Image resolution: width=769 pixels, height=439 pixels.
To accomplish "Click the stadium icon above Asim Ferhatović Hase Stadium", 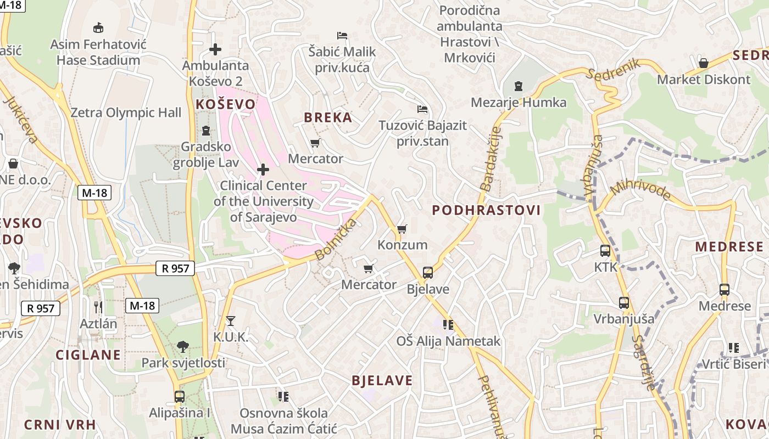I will tap(98, 27).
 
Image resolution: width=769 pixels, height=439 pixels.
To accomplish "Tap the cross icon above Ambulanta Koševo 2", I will tap(215, 49).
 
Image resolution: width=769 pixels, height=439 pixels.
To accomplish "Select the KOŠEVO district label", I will tap(226, 104).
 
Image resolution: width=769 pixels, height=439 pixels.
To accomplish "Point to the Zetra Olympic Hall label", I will tap(126, 113).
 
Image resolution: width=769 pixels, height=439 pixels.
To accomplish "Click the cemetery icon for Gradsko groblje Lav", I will tap(206, 131).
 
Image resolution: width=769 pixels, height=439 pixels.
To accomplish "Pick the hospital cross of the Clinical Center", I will tap(263, 169).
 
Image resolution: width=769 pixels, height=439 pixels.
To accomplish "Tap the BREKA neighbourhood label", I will tap(328, 117).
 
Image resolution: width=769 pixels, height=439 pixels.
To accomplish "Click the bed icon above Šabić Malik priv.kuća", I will tap(342, 36).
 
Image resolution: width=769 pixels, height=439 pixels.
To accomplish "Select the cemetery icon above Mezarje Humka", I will tap(519, 86).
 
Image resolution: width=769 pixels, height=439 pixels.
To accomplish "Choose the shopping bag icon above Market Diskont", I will tap(703, 63).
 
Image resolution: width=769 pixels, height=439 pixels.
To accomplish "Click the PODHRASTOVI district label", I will tap(486, 210).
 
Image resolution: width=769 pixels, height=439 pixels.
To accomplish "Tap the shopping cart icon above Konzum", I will tap(402, 229).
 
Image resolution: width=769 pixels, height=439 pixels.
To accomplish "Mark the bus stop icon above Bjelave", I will tap(427, 272).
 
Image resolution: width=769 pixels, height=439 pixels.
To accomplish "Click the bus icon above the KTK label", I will tap(605, 251).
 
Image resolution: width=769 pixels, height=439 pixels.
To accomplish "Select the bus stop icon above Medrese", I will tap(724, 290).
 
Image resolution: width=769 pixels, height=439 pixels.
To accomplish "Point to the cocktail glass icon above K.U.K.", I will tap(230, 320).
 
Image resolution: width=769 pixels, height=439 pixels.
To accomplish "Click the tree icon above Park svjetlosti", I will tap(183, 346).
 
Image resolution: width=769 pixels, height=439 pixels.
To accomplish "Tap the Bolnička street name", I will tap(336, 239).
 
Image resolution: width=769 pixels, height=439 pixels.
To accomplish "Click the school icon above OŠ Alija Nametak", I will tap(448, 325).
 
